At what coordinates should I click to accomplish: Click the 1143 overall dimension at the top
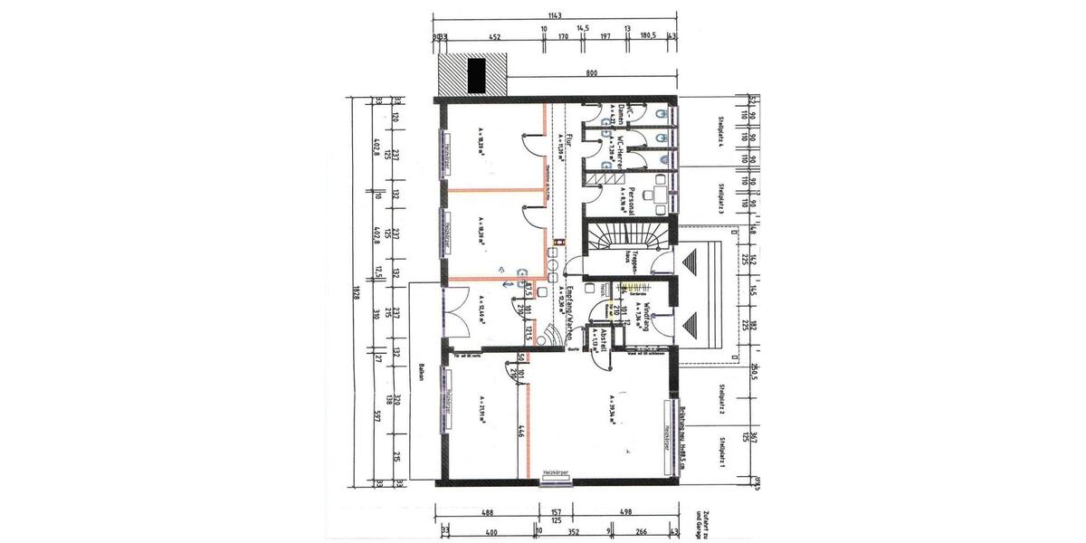555,14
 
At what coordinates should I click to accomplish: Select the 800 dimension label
591,71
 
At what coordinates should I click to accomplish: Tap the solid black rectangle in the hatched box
476,74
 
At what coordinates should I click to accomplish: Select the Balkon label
422,376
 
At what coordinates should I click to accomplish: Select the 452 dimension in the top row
495,38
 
